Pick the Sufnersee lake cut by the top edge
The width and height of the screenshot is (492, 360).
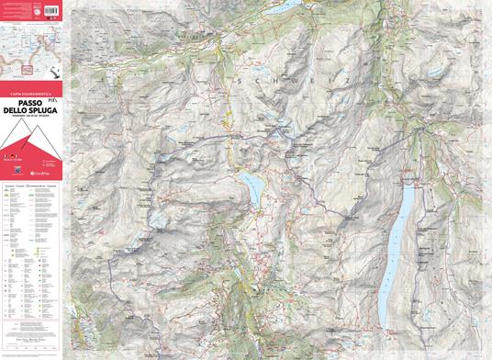tap(286, 6)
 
